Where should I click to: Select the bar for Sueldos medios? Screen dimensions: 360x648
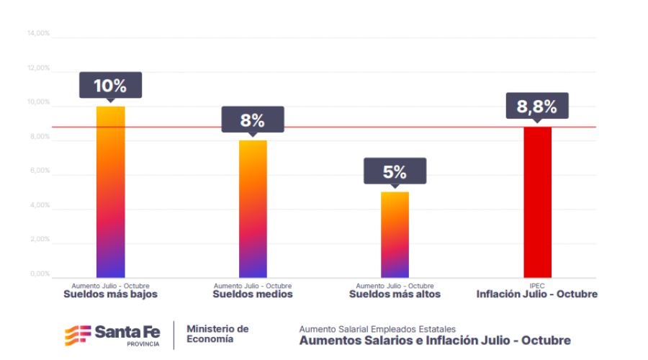click(253, 209)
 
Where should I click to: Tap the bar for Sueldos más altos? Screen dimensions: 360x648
click(395, 234)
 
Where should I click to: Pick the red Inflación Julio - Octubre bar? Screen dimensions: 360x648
click(536, 202)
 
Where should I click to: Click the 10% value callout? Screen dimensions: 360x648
click(110, 85)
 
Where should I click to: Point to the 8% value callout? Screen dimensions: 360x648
click(253, 119)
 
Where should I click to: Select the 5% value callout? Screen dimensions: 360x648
click(395, 171)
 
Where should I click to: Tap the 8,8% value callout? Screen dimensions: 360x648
click(536, 106)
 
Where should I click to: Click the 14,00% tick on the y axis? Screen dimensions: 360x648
click(38, 33)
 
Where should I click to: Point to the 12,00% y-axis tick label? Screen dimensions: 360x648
click(38, 68)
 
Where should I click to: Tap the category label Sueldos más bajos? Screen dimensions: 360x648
click(110, 294)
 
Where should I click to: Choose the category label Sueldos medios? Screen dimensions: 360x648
click(253, 294)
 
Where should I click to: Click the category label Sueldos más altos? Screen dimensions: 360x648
click(395, 294)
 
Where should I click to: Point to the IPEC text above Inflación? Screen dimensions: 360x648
click(536, 286)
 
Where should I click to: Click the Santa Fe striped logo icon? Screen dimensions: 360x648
click(78, 335)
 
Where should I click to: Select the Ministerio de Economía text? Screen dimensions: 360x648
click(217, 333)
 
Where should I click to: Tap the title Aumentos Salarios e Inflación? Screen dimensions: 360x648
click(435, 340)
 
